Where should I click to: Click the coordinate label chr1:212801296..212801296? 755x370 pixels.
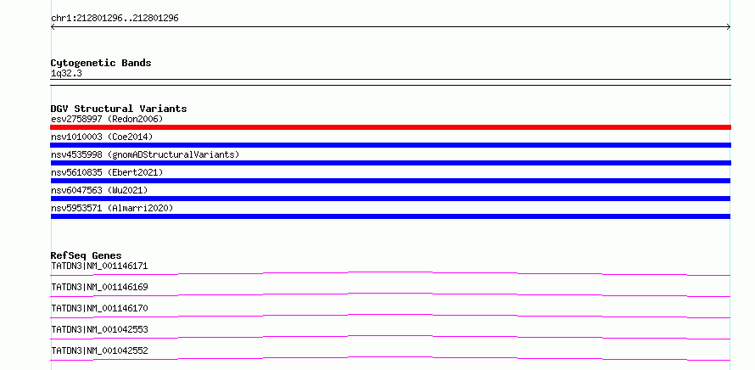coord(115,19)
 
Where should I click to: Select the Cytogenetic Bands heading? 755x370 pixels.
coord(101,63)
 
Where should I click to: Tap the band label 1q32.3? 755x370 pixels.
coord(66,74)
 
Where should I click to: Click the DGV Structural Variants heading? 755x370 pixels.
coord(119,109)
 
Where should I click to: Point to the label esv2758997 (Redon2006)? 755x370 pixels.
coord(107,119)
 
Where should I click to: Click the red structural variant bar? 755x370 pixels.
coord(390,127)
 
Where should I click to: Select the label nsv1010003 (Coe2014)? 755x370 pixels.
coord(102,137)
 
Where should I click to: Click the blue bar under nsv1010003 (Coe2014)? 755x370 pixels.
coord(390,145)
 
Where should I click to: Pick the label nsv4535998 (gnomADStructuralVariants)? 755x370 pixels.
coord(145,154)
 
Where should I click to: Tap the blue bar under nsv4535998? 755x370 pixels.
coord(390,163)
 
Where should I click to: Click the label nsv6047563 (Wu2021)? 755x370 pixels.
coord(99,190)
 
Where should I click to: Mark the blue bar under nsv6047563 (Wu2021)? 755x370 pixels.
coord(390,199)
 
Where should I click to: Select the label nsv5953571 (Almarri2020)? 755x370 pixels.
coord(112,208)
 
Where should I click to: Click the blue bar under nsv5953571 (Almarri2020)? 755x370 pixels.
coord(390,216)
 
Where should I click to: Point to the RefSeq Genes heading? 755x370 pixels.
coord(87,255)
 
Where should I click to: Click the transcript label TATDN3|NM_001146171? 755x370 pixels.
coord(99,266)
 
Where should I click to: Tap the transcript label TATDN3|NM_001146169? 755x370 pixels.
coord(99,287)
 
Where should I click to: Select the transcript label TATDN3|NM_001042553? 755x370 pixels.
coord(99,329)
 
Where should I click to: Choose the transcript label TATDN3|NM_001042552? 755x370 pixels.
coord(99,350)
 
